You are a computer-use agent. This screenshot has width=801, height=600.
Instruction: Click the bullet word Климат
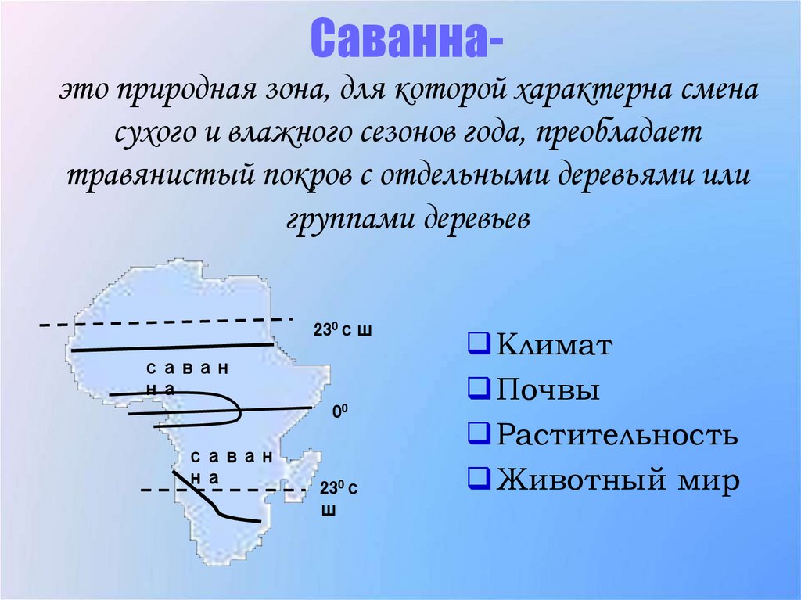(553, 344)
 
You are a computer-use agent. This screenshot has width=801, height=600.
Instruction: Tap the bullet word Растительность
(617, 434)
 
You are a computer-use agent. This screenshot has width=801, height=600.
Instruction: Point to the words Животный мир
(618, 479)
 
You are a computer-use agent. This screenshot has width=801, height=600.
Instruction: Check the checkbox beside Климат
(478, 343)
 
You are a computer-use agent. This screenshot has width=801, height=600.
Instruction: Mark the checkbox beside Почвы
(478, 388)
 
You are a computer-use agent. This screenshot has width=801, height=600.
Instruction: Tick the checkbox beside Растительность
(478, 433)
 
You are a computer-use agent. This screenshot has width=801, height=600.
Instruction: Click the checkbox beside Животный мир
(478, 478)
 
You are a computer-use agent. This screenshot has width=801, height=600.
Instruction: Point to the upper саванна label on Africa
(186, 377)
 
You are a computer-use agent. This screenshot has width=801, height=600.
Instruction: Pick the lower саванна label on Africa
(232, 465)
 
